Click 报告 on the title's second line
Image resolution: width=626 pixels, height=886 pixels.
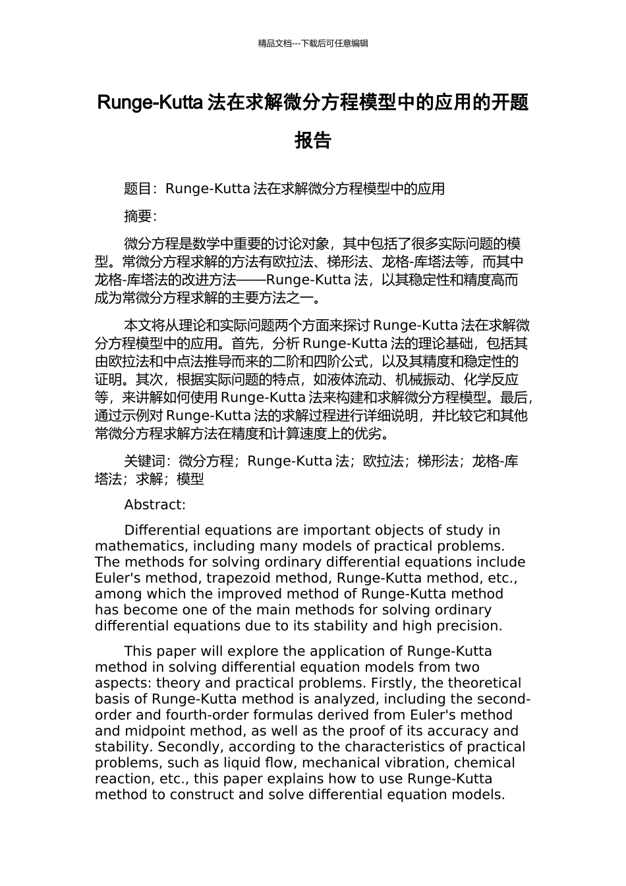(x=313, y=140)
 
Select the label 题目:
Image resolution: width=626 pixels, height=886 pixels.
(x=140, y=189)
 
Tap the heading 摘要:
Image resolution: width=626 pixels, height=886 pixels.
(x=140, y=216)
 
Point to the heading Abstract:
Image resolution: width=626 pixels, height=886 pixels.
(x=155, y=505)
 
